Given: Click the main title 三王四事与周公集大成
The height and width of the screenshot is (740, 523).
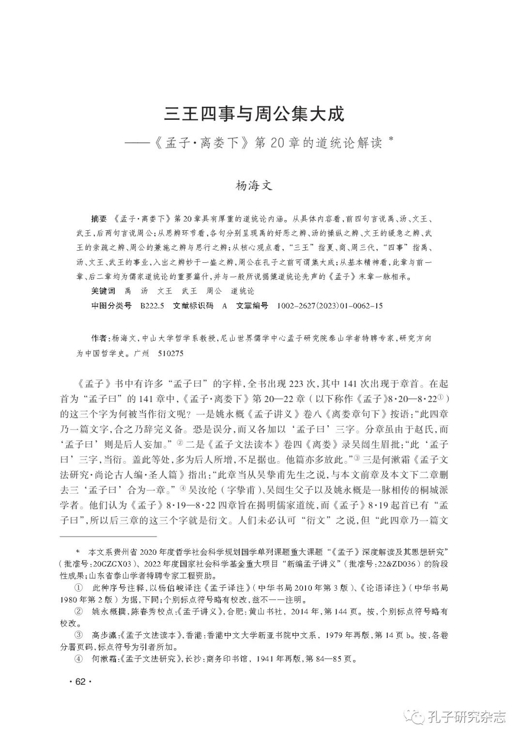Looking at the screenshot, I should [254, 114].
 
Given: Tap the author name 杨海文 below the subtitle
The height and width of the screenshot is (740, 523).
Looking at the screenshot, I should [254, 185].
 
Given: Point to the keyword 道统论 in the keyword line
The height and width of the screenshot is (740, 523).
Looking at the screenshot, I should [242, 291].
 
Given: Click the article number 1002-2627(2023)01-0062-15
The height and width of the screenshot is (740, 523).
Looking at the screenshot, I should [330, 306].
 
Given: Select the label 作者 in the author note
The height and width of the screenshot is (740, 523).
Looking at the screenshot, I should [99, 338].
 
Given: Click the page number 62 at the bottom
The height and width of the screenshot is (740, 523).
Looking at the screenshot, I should [80, 682].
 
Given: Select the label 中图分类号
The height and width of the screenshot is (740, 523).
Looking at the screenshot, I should [111, 306].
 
